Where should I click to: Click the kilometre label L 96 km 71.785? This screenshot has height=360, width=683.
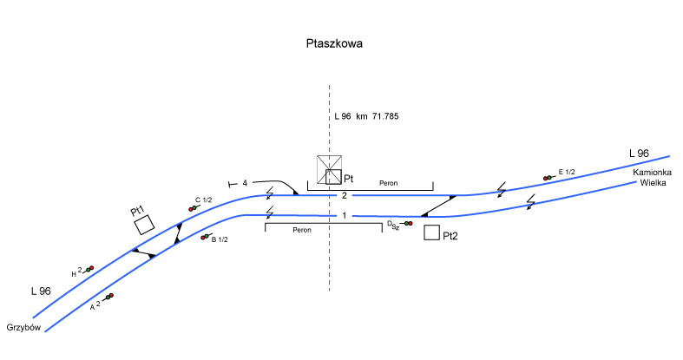click(366, 115)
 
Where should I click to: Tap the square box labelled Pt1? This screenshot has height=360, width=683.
click(144, 225)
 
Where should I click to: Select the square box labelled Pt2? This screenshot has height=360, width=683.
click(431, 232)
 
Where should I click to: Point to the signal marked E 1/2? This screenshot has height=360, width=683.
click(548, 177)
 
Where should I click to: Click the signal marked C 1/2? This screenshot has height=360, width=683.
click(191, 208)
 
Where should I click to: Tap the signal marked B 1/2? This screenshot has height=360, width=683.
click(205, 237)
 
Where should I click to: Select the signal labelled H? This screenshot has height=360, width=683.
click(89, 269)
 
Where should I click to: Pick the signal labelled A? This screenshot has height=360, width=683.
click(108, 298)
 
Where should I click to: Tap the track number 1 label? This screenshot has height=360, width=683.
click(344, 215)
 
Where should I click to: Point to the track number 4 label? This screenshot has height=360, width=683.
click(246, 183)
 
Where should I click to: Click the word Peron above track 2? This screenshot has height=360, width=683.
click(391, 184)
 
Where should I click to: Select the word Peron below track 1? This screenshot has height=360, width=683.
click(302, 231)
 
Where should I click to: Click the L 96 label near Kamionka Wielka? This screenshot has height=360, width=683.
click(639, 154)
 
